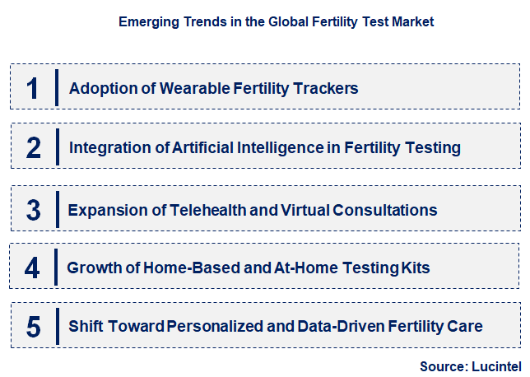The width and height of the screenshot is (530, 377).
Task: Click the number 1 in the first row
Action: point(32,87)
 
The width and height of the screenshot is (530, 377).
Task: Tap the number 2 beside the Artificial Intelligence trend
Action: point(33,147)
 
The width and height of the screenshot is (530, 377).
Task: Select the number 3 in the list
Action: point(33,209)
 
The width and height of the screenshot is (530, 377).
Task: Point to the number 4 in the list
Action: point(32,268)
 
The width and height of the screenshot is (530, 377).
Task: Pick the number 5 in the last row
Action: point(33,327)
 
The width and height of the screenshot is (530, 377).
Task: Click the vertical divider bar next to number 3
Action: point(57,208)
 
